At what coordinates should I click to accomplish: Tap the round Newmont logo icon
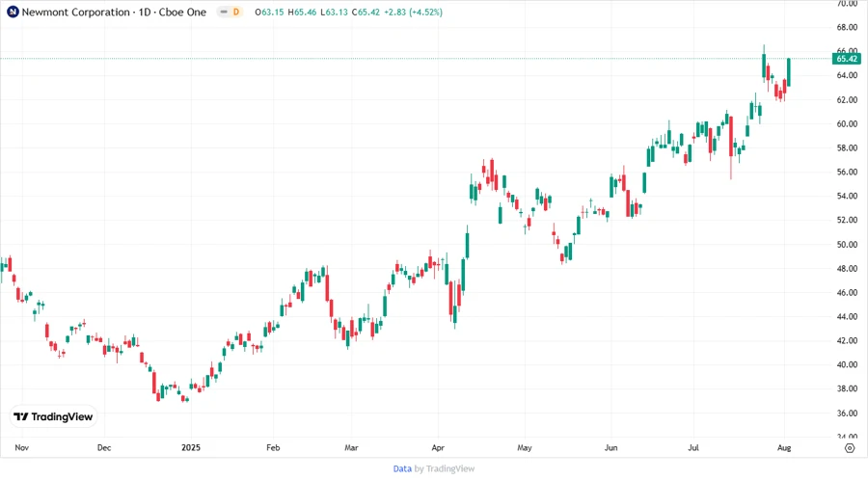[x=12, y=12]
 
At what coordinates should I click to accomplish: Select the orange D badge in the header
[x=236, y=12]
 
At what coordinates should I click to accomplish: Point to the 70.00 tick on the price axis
[x=848, y=3]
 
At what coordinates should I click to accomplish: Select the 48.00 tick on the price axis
[x=848, y=268]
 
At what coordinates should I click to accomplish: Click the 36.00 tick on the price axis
[x=848, y=413]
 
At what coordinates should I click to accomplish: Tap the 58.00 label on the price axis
[x=848, y=147]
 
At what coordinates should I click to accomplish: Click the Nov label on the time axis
[x=23, y=448]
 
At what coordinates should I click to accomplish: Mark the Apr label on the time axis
[x=437, y=448]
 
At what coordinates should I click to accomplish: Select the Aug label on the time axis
[x=785, y=448]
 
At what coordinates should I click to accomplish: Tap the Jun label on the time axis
[x=610, y=448]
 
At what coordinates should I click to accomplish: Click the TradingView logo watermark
[x=54, y=416]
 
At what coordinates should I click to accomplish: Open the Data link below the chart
[x=402, y=468]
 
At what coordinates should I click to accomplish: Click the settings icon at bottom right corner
[x=849, y=448]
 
